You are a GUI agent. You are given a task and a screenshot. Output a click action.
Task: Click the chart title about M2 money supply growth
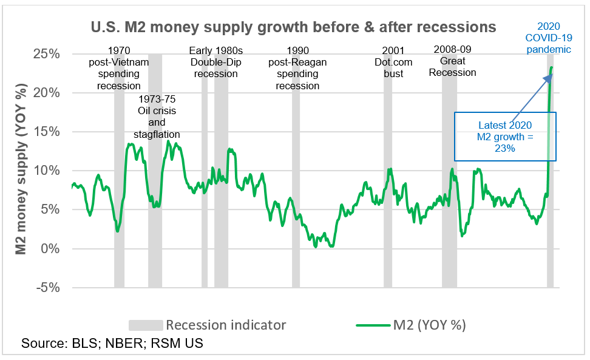(293, 27)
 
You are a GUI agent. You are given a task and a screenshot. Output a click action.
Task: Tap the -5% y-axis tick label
(47, 287)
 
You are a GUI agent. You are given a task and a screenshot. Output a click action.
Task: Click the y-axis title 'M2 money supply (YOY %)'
(20, 170)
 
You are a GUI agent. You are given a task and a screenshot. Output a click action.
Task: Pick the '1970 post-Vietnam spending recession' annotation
(119, 68)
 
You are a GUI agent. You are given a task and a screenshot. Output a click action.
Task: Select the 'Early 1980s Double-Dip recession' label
(217, 62)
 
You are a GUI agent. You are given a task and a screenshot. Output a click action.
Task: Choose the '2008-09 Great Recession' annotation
(452, 61)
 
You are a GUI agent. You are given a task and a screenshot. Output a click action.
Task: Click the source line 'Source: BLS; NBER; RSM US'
(112, 344)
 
